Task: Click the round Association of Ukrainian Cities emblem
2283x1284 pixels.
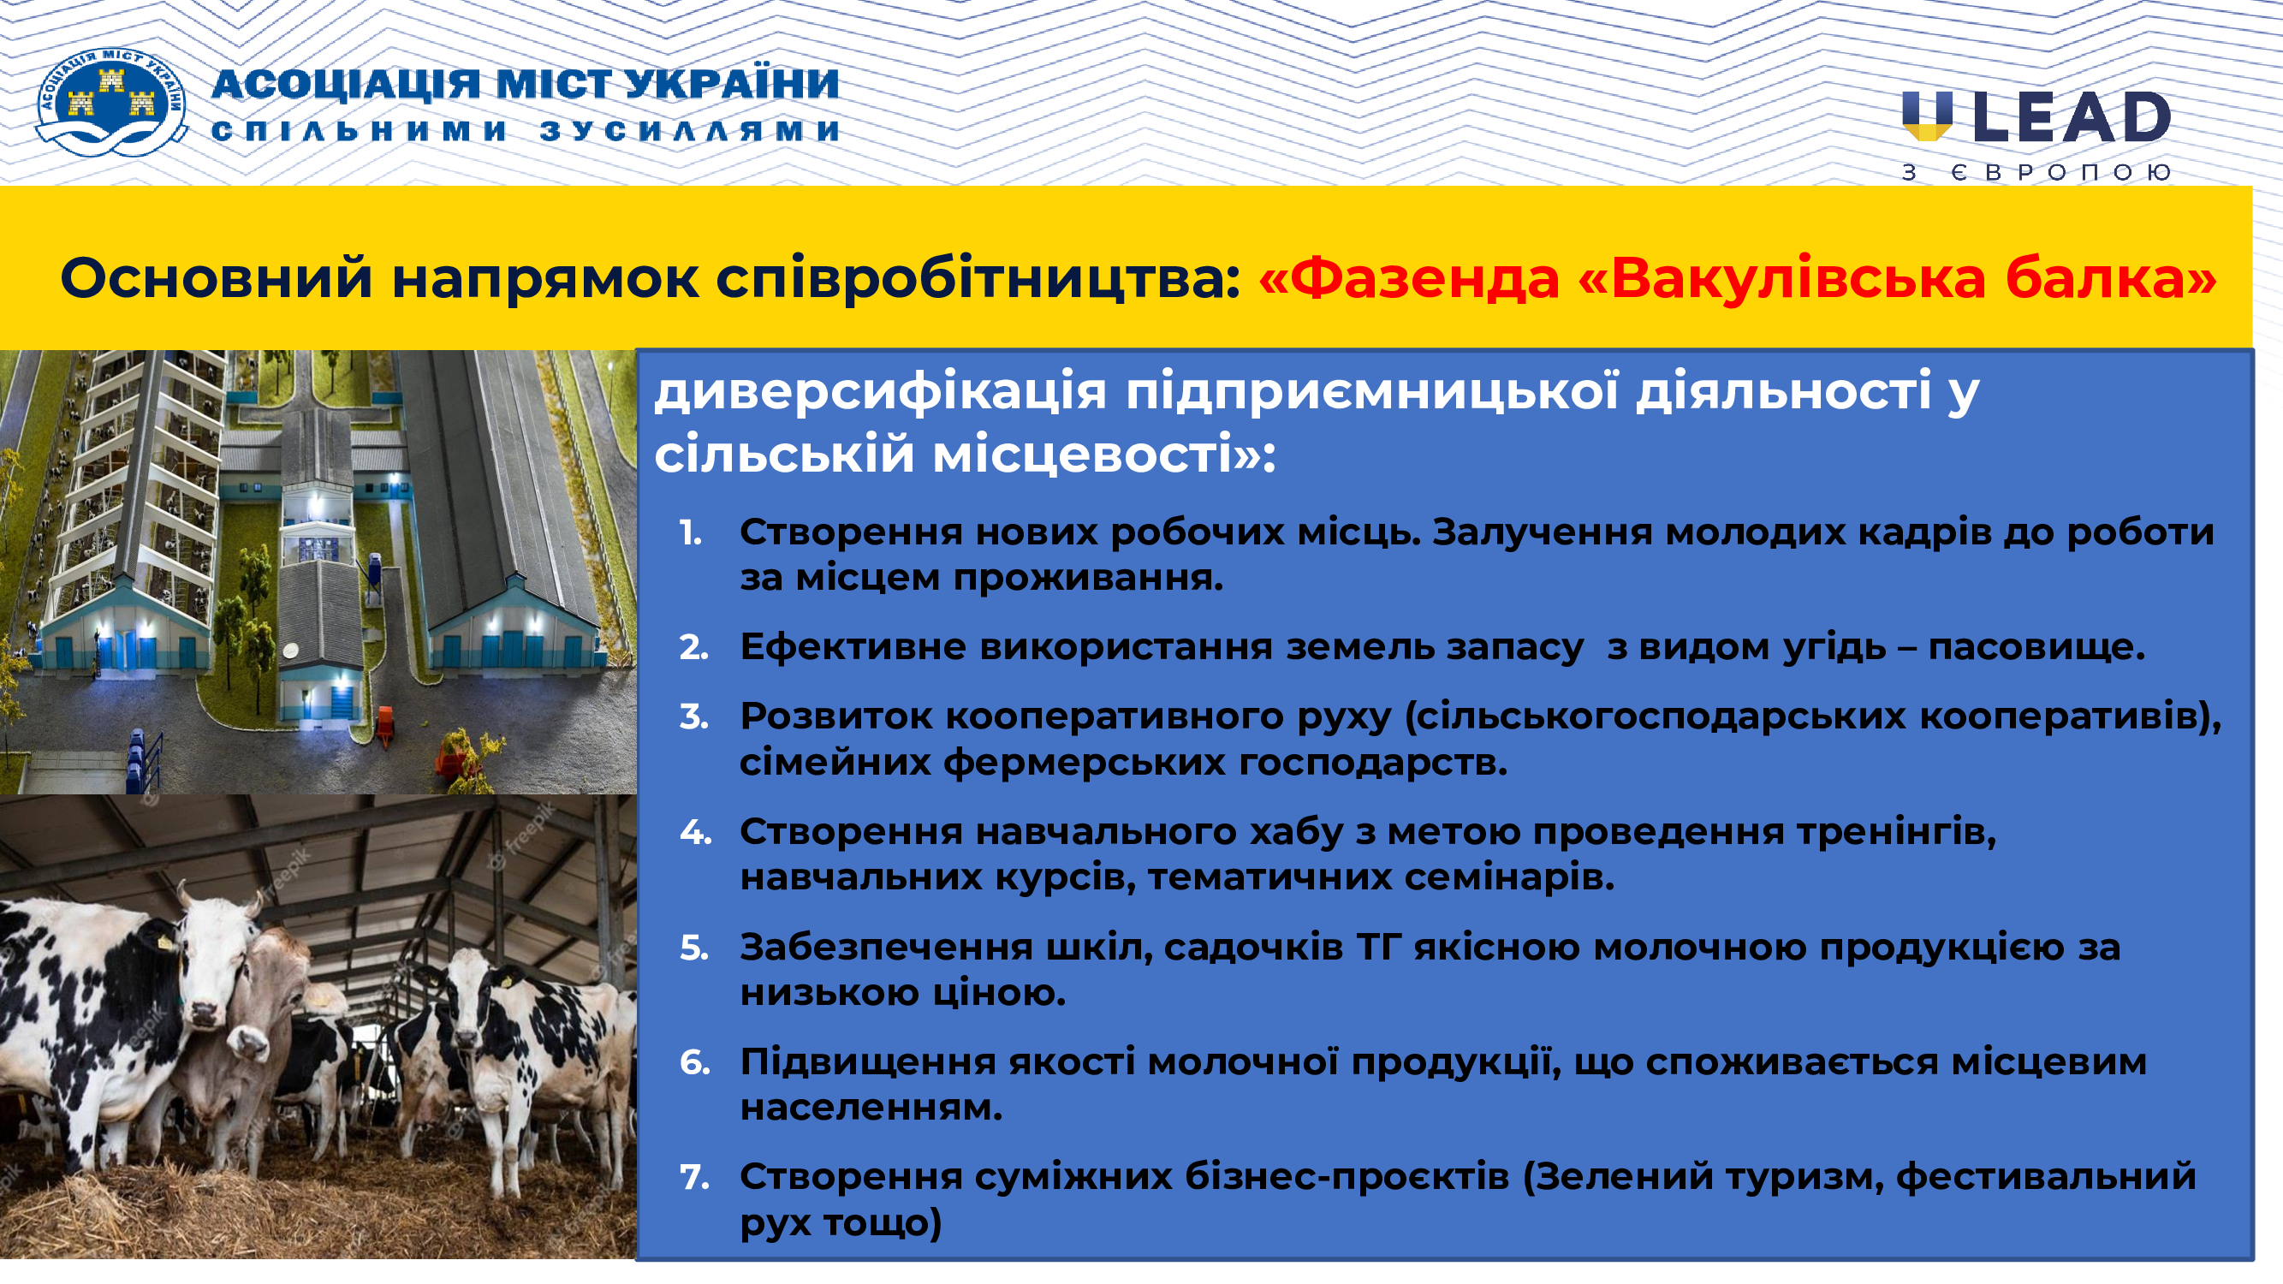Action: coord(111,103)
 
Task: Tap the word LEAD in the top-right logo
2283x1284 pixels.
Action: coord(2072,117)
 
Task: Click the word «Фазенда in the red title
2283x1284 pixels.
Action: coord(1409,279)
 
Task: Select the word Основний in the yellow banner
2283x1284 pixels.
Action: coord(216,277)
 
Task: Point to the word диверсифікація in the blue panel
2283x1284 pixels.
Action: coord(881,391)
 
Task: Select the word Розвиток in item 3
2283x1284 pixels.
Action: coord(835,716)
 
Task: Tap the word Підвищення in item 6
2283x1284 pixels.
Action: coord(868,1062)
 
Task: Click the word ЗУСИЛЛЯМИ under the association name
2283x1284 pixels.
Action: coord(689,131)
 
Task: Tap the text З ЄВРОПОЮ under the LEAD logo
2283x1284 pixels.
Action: coord(2036,172)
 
